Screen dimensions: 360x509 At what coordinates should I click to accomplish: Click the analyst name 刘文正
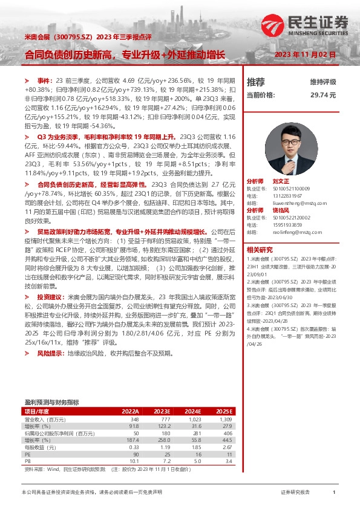(280, 181)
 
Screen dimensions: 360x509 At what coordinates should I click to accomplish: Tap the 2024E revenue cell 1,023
(194, 419)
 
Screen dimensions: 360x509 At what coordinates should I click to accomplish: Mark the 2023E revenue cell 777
(162, 419)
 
